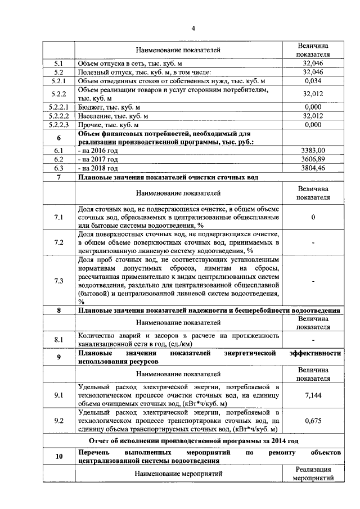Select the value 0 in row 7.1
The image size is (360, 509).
pyautogui.click(x=312, y=217)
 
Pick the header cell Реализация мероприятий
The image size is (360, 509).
pyautogui.click(x=312, y=474)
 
